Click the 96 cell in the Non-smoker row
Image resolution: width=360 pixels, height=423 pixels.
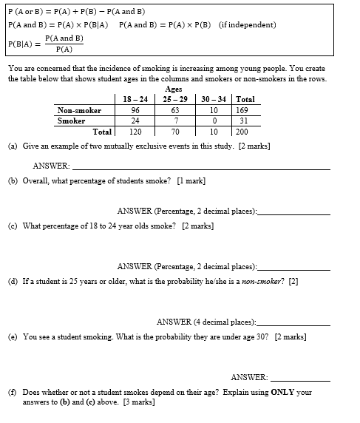135,111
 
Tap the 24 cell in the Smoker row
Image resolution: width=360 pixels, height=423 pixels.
135,121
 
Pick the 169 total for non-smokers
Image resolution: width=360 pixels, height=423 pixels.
245,111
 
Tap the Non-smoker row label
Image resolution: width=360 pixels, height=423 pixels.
79,111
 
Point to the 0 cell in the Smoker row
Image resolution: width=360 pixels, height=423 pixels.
214,121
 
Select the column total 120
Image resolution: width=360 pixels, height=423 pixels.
135,132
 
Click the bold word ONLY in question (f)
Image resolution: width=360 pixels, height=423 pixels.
283,392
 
